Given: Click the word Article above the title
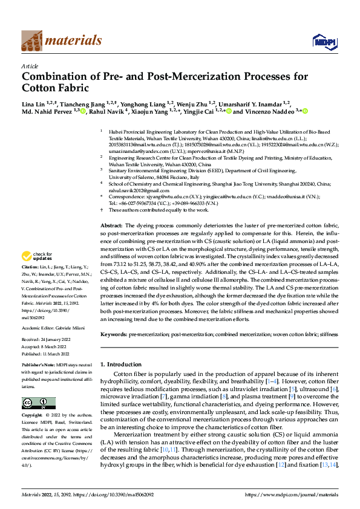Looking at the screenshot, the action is tap(30, 66).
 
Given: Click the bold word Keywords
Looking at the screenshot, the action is tap(113, 334).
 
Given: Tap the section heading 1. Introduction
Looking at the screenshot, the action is tap(120, 365).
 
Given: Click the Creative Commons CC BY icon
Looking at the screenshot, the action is tap(38, 403).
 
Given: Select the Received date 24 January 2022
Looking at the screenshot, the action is tap(58, 340).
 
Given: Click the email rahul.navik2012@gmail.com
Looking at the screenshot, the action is tap(136, 190).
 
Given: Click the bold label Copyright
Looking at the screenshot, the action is tap(34, 416).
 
